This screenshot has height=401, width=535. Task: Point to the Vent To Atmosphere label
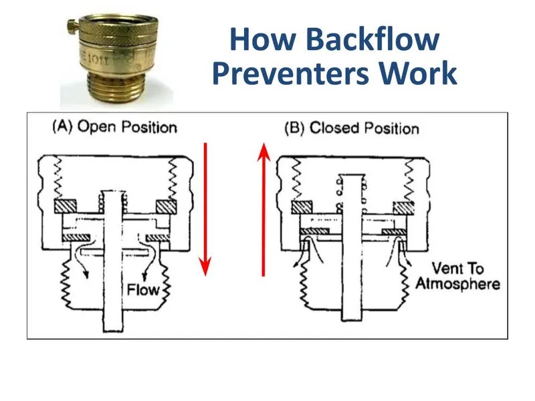[457, 277]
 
